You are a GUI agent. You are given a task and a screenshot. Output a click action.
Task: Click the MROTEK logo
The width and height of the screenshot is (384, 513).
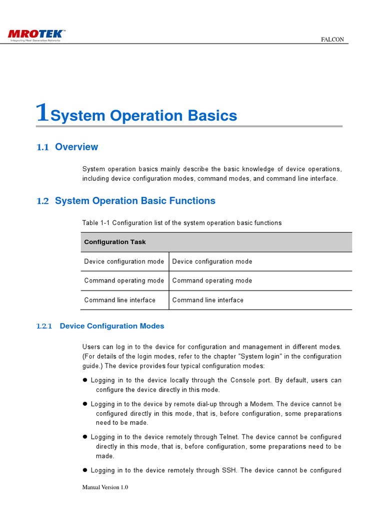(x=36, y=35)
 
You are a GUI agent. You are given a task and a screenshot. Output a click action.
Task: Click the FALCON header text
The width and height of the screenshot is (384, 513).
(x=332, y=40)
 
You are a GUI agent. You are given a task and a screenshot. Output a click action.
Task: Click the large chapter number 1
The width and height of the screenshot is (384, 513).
(x=43, y=113)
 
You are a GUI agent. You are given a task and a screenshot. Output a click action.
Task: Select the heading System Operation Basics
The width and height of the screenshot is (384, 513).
(x=144, y=116)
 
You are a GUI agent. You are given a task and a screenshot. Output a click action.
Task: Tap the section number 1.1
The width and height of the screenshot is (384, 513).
(x=43, y=147)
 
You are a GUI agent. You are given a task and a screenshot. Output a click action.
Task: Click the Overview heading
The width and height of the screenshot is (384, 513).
(x=76, y=147)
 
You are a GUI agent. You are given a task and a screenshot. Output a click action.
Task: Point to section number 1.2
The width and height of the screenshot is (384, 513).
(x=43, y=201)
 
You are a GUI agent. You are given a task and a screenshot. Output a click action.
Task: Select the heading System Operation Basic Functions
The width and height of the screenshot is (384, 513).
(x=135, y=201)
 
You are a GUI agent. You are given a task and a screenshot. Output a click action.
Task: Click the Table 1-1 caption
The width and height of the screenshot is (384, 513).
(x=182, y=222)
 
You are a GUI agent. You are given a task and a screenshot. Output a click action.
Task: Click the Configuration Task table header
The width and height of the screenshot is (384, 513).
(x=115, y=242)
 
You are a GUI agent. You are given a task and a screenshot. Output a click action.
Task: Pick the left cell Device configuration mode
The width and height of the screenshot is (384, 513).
(x=124, y=262)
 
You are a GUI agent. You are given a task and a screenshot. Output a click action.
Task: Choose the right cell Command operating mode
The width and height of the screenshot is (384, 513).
(x=212, y=281)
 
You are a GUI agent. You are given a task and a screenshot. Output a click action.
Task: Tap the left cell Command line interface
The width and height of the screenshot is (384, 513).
(x=120, y=300)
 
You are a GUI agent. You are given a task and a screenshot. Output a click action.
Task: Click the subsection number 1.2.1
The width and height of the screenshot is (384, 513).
(x=44, y=326)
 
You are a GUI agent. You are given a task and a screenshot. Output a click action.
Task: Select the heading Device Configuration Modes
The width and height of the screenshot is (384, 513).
(x=112, y=326)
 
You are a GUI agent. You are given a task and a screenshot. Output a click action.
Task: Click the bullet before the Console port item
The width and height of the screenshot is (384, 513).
(x=85, y=380)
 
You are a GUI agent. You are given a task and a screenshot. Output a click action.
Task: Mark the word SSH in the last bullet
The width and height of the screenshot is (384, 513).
(x=227, y=470)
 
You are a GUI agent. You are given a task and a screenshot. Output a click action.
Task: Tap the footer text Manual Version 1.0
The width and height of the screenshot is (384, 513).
(x=105, y=487)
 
